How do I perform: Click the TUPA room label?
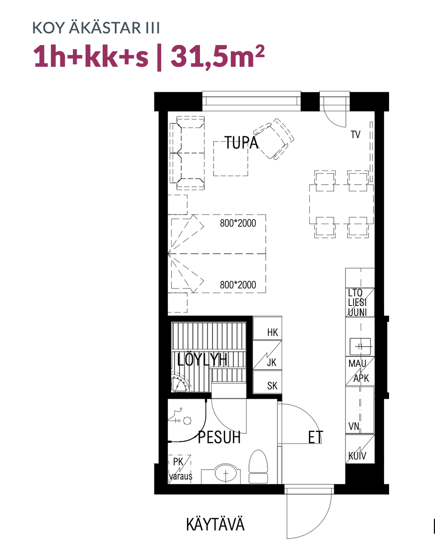tap(241, 143)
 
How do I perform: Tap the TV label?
tap(356, 135)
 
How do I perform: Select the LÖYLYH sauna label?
tap(202, 360)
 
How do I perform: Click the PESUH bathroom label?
tap(219, 437)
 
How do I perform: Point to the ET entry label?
tap(316, 437)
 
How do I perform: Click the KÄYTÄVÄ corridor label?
tap(215, 524)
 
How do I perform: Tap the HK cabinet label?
tap(272, 333)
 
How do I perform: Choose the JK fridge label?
tap(272, 362)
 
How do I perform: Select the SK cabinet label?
tap(272, 386)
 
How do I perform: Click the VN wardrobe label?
tap(354, 426)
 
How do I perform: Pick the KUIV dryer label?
tap(357, 456)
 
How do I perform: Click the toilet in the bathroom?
tap(258, 467)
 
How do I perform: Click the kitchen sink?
tap(360, 346)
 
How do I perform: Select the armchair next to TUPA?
tap(273, 139)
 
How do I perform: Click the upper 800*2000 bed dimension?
tap(238, 223)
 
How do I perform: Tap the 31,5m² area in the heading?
tap(217, 57)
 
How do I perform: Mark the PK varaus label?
tap(180, 469)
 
